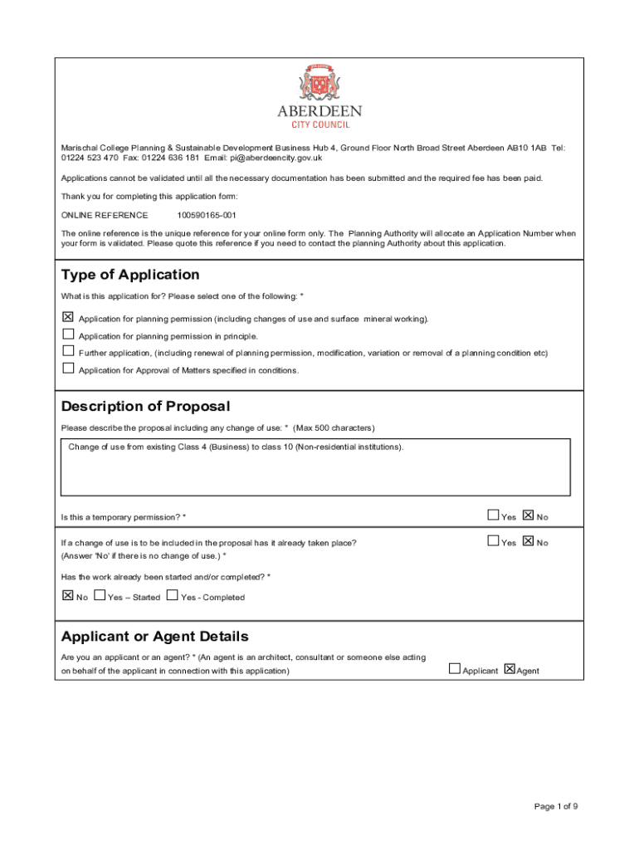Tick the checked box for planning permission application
pyautogui.click(x=68, y=317)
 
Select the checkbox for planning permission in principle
pyautogui.click(x=68, y=334)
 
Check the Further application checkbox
pyautogui.click(x=68, y=350)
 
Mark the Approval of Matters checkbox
pyautogui.click(x=68, y=368)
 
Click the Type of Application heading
pyautogui.click(x=130, y=275)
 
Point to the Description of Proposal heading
pyautogui.click(x=145, y=406)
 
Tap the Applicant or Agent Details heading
pyautogui.click(x=154, y=637)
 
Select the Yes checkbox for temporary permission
pyautogui.click(x=494, y=515)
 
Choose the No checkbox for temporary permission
pyautogui.click(x=529, y=515)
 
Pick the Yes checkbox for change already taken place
pyautogui.click(x=494, y=541)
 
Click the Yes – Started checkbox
pyautogui.click(x=100, y=595)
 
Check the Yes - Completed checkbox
pyautogui.click(x=173, y=595)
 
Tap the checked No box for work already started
pyautogui.click(x=68, y=595)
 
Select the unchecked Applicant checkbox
pyautogui.click(x=454, y=668)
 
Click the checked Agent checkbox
pyautogui.click(x=510, y=668)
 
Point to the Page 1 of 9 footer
pyautogui.click(x=556, y=806)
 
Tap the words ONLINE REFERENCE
pyautogui.click(x=105, y=215)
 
